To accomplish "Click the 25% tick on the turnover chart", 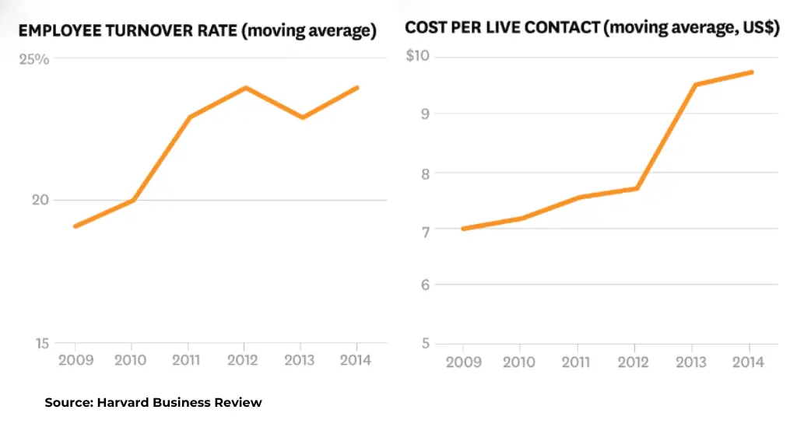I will pyautogui.click(x=38, y=59).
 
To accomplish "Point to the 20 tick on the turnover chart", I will pyautogui.click(x=39, y=200).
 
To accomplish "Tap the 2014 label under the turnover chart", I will pyautogui.click(x=356, y=360).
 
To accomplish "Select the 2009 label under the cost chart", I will pyautogui.click(x=463, y=362).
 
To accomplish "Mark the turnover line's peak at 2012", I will pyautogui.click(x=246, y=87).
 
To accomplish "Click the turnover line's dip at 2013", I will pyautogui.click(x=302, y=117).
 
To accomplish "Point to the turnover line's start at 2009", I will pyautogui.click(x=75, y=226).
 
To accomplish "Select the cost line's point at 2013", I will pyautogui.click(x=694, y=85).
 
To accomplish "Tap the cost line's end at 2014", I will pyautogui.click(x=752, y=72).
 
